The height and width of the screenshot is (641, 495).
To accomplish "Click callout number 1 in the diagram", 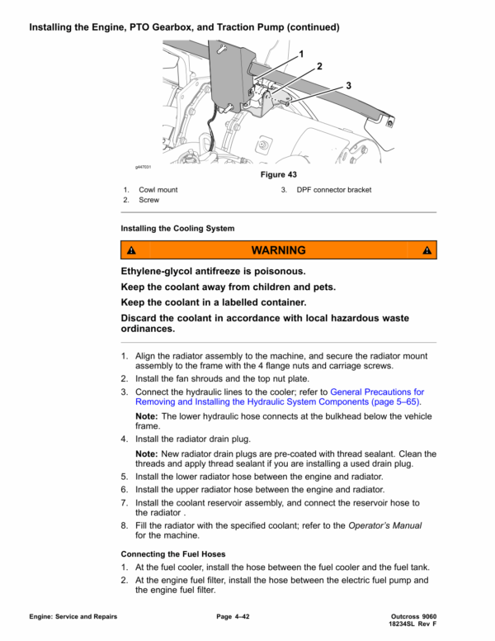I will coord(301,55).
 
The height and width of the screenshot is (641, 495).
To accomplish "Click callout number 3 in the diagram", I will coord(348,85).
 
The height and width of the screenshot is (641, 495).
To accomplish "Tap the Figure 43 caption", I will coord(278,175).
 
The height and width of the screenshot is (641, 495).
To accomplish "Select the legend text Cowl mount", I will coord(158,190).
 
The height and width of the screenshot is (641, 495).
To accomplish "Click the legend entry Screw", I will coord(149,200).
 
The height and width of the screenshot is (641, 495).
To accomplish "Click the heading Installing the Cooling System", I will coord(177,228).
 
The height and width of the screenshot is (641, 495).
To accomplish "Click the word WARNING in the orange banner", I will coord(278,250).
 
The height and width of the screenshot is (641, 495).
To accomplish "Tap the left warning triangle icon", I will coord(130,250).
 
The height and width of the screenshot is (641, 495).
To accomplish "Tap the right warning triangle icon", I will coord(427,250).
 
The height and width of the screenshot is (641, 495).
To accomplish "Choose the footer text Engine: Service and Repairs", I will coord(73,617).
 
